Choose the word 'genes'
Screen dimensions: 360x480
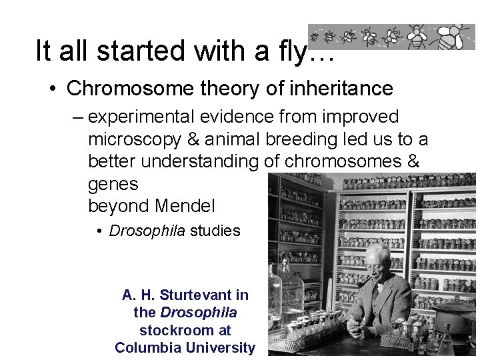(x=113, y=183)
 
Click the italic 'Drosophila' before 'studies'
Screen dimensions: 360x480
(x=147, y=231)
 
